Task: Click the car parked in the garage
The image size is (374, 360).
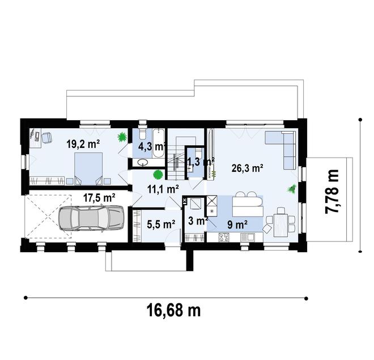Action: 91,218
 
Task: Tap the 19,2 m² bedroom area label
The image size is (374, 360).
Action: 83,144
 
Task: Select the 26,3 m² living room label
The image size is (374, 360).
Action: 248,168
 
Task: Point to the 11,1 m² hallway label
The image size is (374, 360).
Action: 163,189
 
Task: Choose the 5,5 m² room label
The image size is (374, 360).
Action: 160,225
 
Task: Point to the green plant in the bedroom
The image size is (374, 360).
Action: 121,137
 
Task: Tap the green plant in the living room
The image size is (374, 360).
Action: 292,189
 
